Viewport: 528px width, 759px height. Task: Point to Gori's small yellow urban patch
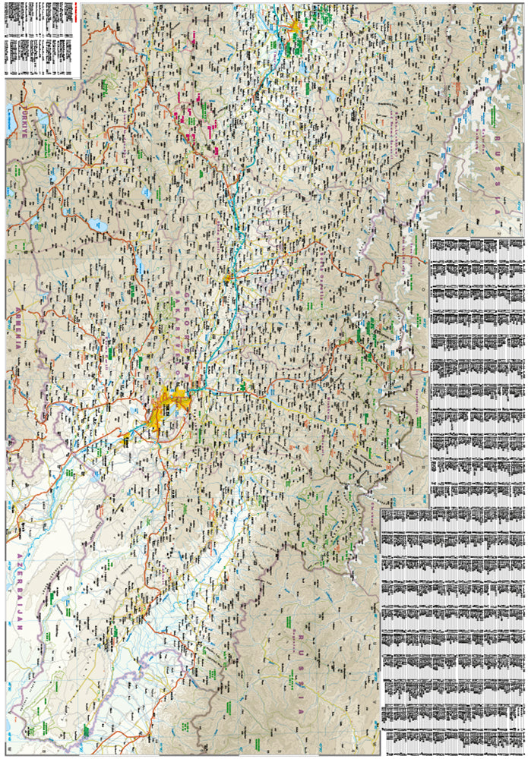[x=227, y=278]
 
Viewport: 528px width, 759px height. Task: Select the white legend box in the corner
[x=42, y=38]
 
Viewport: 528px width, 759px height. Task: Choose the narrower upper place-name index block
[x=476, y=372]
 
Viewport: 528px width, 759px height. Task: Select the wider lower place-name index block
[x=453, y=630]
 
